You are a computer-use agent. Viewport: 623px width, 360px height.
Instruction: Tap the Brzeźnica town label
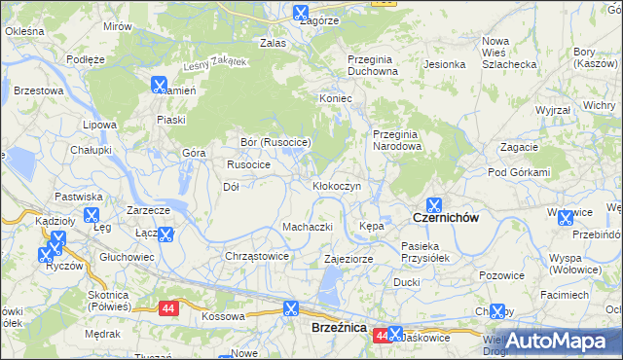(339, 328)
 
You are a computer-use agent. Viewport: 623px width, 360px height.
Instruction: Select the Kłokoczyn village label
(337, 185)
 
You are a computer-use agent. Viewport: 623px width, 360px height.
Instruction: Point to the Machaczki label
(308, 227)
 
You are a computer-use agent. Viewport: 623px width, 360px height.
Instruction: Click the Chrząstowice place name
(257, 256)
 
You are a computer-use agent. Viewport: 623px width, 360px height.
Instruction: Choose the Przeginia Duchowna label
(374, 64)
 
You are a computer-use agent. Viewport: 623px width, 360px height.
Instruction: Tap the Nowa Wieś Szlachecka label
(509, 53)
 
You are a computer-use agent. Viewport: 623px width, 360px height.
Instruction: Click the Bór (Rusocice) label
(275, 142)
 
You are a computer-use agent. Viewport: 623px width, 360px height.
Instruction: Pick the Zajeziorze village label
(348, 260)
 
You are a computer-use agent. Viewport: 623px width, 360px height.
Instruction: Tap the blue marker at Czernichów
(434, 206)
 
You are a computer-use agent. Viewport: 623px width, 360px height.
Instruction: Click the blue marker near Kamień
(159, 85)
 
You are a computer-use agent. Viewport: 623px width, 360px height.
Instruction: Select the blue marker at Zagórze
(300, 14)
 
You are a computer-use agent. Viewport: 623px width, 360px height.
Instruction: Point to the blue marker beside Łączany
(165, 234)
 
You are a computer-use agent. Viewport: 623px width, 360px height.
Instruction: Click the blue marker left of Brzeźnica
(290, 309)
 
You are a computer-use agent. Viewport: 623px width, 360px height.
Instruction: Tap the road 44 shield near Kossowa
(169, 308)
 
